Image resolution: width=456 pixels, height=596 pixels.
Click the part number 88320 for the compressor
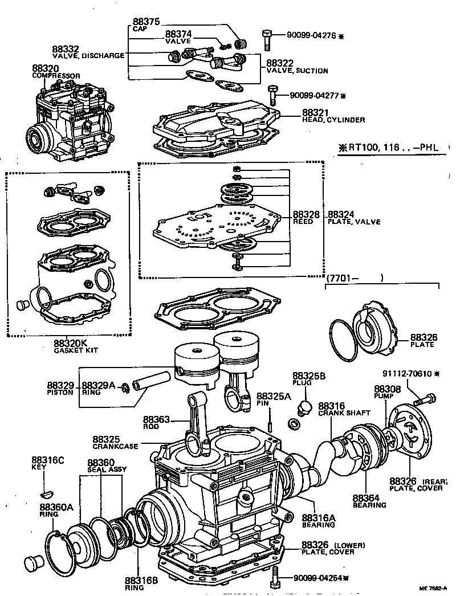pyautogui.click(x=45, y=68)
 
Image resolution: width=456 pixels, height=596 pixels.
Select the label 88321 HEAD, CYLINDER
pyautogui.click(x=333, y=116)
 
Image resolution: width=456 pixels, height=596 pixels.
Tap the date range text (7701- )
pyautogui.click(x=353, y=278)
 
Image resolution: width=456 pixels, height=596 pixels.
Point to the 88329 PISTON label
pyautogui.click(x=60, y=388)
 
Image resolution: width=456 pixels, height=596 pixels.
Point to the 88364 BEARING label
pyautogui.click(x=369, y=500)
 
